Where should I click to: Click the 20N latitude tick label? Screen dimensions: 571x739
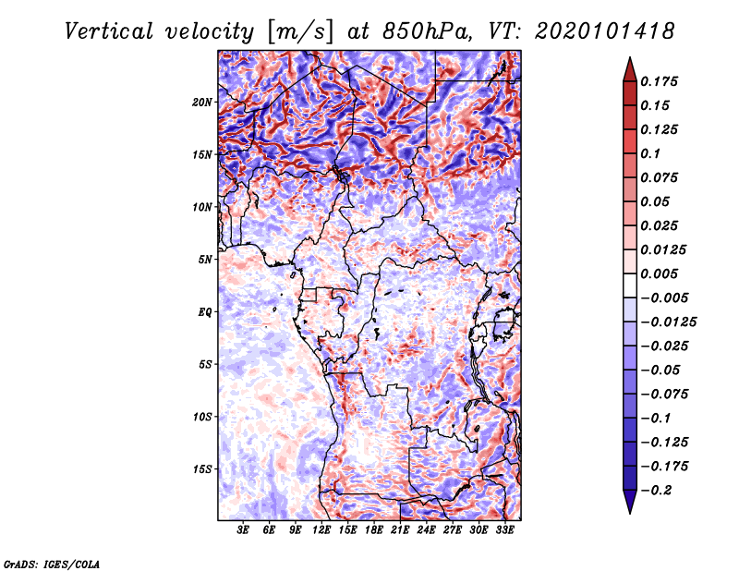click(202, 102)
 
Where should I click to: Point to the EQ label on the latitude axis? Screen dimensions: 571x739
click(205, 311)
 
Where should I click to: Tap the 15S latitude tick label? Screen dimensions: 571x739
click(202, 468)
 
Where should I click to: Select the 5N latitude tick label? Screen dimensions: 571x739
click(205, 259)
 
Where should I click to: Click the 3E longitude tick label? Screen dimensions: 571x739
click(244, 530)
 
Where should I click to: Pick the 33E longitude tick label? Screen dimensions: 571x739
click(504, 530)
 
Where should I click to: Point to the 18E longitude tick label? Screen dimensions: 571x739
click(374, 530)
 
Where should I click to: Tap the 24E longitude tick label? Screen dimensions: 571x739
click(426, 530)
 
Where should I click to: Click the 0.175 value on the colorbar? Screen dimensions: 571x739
click(660, 81)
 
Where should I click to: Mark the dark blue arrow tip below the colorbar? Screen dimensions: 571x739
click(629, 504)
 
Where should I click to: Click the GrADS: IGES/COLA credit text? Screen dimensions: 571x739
click(52, 563)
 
